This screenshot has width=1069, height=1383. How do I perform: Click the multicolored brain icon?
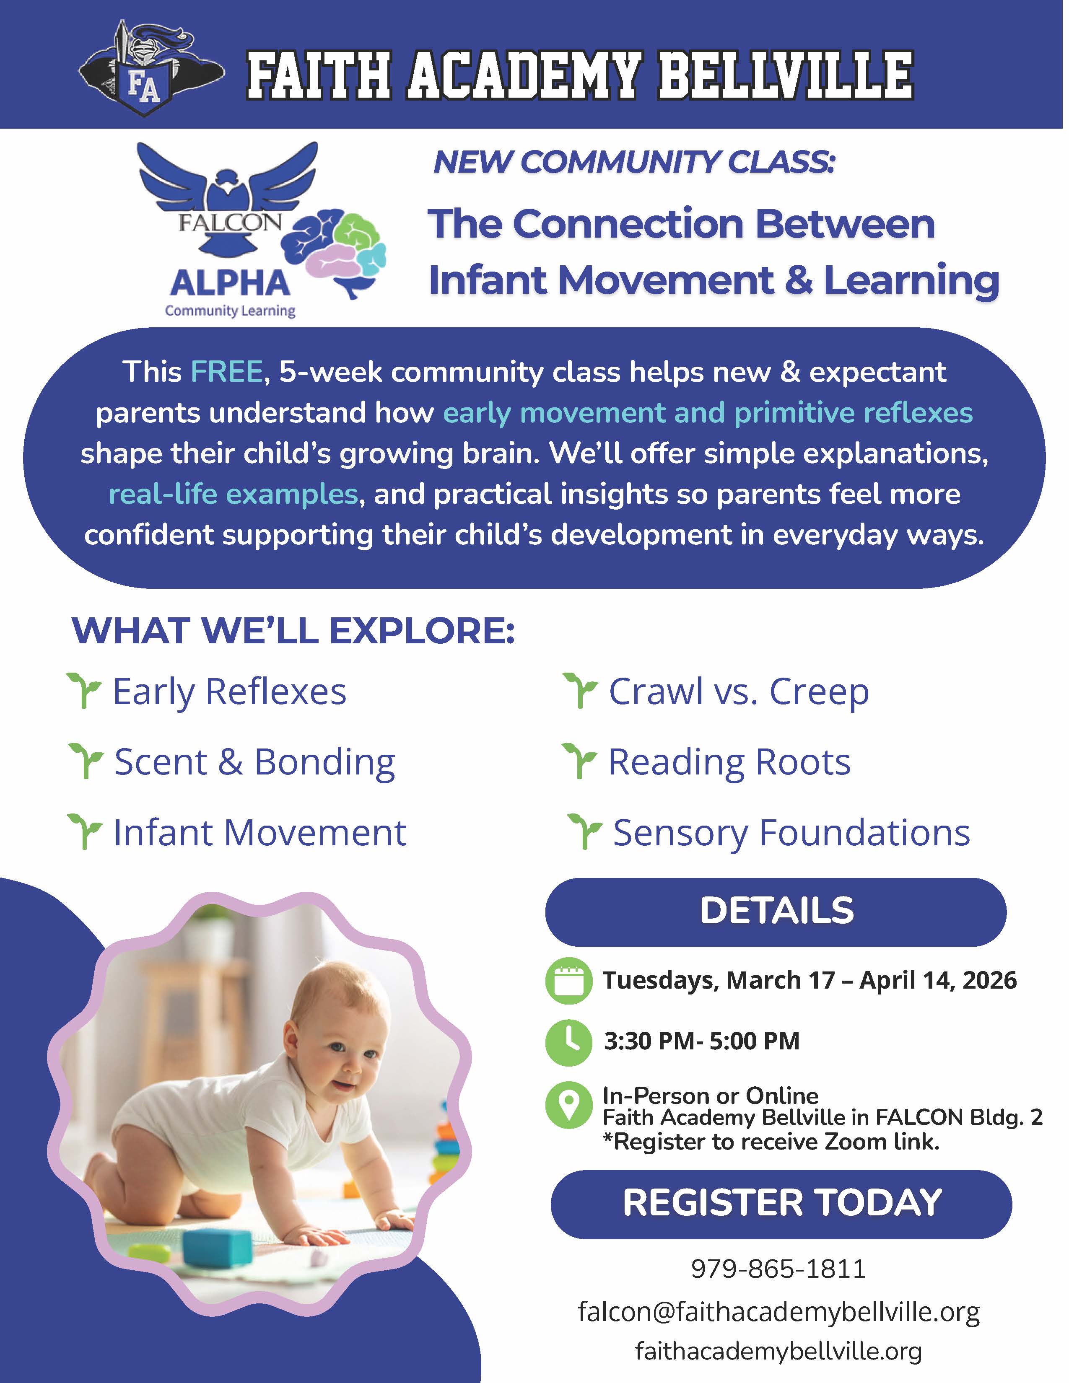(x=334, y=252)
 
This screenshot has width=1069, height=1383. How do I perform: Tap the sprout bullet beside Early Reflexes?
(x=84, y=691)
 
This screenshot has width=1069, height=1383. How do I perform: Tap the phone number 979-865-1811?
(x=778, y=1269)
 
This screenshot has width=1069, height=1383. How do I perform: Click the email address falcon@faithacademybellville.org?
(x=779, y=1311)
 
